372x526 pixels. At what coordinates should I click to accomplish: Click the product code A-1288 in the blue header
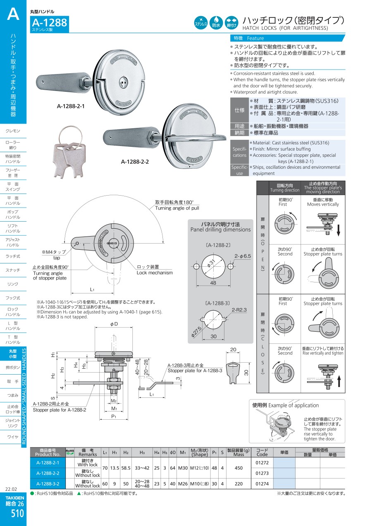[x=49, y=23]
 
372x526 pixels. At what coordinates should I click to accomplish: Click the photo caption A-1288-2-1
[x=71, y=106]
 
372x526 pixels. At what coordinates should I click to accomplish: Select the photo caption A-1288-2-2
[x=135, y=162]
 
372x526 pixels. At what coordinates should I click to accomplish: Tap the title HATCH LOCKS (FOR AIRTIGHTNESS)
[x=285, y=28]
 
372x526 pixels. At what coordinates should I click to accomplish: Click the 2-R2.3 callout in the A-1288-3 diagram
[x=239, y=310]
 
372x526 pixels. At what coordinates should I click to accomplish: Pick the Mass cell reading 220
[x=239, y=483]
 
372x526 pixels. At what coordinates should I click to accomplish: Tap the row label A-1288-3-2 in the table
[x=48, y=483]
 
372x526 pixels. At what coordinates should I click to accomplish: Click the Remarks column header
[x=88, y=452]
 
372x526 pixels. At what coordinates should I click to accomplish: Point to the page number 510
[x=13, y=514]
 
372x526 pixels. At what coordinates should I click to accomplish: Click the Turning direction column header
[x=285, y=188]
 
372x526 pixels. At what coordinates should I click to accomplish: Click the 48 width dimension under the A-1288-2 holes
[x=213, y=283]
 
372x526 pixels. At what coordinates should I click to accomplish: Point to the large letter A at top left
[x=13, y=14]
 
